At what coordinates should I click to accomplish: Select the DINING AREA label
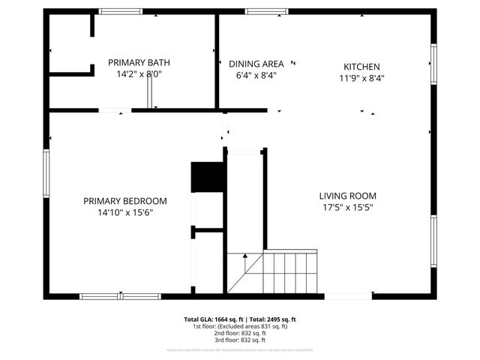tap(256, 64)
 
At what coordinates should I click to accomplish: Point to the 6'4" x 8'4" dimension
tap(256, 75)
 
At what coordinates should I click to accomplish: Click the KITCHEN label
tap(361, 67)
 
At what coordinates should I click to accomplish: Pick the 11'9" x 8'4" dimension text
tap(361, 78)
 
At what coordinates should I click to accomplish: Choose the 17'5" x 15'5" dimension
tap(348, 208)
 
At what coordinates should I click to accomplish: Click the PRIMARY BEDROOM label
tap(125, 201)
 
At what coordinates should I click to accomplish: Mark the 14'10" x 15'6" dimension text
tap(125, 212)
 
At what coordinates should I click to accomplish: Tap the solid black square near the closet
tap(208, 177)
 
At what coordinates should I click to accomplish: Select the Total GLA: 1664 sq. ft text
tap(214, 319)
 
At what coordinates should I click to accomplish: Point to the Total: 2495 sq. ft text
tap(272, 319)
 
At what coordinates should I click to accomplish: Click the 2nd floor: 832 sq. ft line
tap(240, 333)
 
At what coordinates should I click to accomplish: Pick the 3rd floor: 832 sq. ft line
tap(240, 340)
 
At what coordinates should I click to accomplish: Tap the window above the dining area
tap(267, 11)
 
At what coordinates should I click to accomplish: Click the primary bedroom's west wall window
tap(46, 173)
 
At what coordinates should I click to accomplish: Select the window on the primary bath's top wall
tap(121, 11)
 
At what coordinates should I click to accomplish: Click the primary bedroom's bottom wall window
tap(120, 296)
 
